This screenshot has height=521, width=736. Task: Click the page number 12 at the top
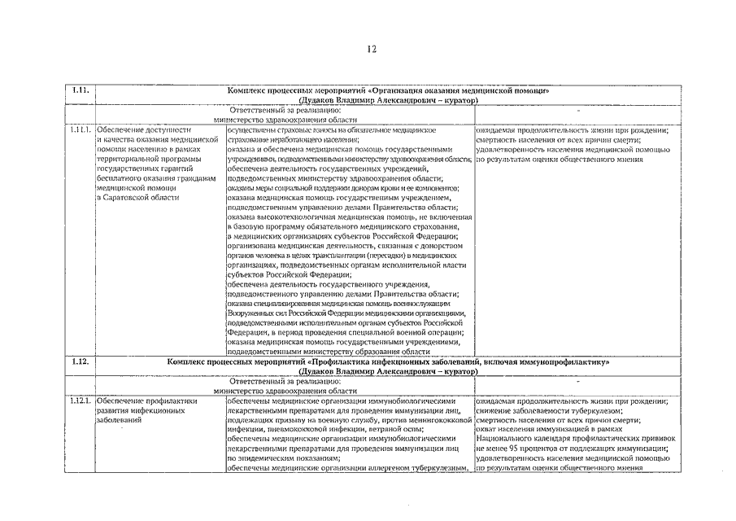click(x=368, y=50)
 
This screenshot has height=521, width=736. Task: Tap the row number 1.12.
click(x=79, y=361)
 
